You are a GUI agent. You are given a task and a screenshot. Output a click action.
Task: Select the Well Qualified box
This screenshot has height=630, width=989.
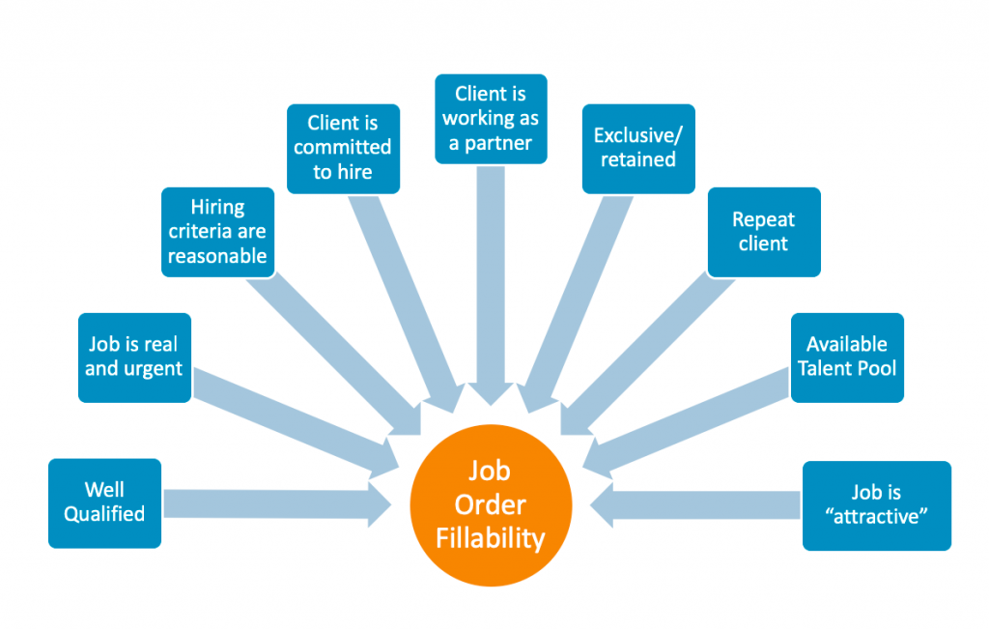[104, 502]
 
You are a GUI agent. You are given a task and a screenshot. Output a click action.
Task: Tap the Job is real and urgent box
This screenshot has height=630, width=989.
[133, 357]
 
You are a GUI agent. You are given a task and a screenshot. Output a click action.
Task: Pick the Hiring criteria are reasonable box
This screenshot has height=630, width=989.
[217, 232]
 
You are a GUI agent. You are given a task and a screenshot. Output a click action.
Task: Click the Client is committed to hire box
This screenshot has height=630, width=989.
[343, 148]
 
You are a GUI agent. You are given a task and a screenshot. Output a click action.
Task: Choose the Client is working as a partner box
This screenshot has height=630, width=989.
[491, 119]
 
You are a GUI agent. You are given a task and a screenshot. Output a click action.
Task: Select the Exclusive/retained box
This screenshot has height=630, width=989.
[638, 148]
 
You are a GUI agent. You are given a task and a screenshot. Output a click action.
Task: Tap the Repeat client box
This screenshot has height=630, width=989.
[763, 232]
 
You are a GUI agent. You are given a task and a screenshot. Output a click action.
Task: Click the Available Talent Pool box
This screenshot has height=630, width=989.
[847, 357]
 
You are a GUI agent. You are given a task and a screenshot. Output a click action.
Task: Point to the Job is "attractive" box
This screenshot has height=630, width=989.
[877, 505]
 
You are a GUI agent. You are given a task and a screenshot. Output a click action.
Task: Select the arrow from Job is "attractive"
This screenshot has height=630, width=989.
[695, 504]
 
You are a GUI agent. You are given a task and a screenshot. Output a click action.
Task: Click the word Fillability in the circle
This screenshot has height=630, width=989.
[491, 537]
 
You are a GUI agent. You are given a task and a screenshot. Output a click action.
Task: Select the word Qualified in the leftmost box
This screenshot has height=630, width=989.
[104, 514]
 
